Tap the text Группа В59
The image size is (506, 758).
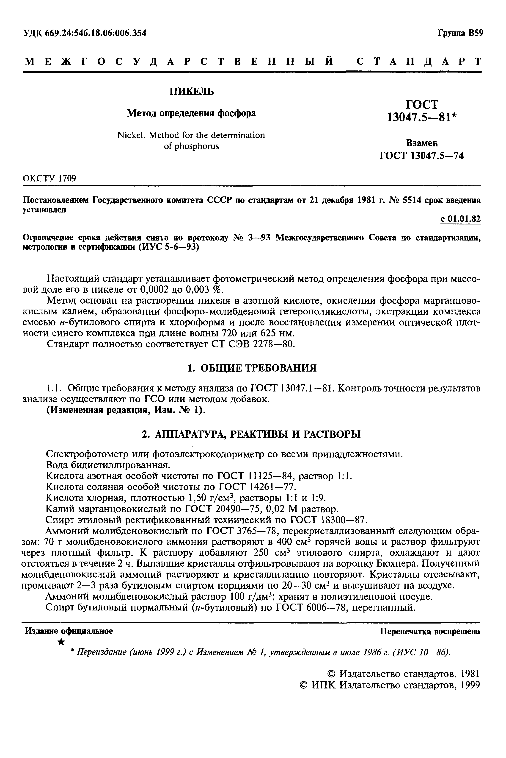[460, 33]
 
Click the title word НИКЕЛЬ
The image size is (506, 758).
[192, 92]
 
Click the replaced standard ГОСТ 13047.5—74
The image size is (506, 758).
[421, 156]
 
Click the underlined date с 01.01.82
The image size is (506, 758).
[460, 219]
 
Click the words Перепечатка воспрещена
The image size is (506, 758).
[430, 631]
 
